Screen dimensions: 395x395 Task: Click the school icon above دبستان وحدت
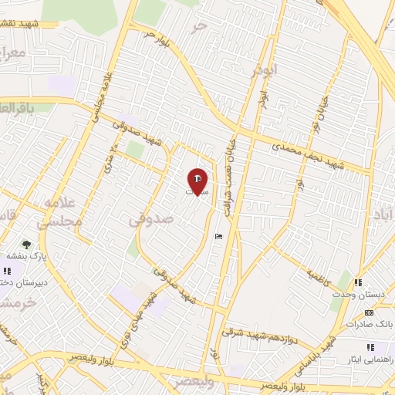(357, 283)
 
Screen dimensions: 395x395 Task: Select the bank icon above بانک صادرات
(369, 312)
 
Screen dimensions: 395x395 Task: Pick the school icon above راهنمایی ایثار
(372, 347)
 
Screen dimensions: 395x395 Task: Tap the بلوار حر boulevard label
(154, 35)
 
